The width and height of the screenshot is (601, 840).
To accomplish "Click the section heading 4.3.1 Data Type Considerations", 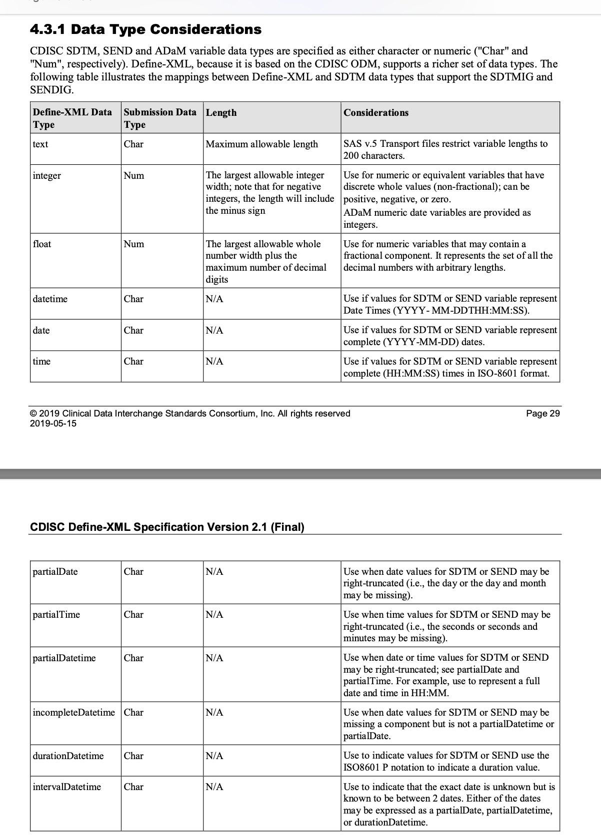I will point(145,29).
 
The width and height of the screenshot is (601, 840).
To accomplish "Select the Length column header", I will point(221,113).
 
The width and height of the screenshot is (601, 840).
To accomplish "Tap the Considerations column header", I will point(376,113).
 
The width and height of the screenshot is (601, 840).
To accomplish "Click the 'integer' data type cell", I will point(47,176).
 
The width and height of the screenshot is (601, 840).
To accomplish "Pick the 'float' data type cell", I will point(42,244).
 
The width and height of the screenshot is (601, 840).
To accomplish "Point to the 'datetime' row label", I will point(50,299).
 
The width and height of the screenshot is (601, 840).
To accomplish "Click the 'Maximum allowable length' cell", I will point(262,144).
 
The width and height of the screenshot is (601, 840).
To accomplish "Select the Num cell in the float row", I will point(134,244).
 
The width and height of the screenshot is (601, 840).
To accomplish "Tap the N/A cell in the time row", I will point(214,362).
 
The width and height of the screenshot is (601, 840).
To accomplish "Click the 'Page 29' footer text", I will point(543,414).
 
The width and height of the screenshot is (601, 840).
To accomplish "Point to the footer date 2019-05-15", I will point(53,423).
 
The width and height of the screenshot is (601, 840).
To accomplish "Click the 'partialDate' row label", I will point(55,572).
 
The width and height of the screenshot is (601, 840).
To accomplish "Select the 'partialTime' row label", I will point(56,615).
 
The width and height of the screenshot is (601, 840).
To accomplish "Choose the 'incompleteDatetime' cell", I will point(74,713).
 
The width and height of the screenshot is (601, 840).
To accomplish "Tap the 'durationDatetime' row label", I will point(68,756).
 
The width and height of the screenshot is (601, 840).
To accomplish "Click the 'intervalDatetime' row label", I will point(67,787).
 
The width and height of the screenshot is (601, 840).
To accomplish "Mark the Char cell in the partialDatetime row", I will point(134,658).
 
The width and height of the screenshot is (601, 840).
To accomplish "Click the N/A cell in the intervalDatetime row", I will point(214,787).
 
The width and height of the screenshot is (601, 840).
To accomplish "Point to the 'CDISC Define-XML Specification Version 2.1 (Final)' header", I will point(167,527).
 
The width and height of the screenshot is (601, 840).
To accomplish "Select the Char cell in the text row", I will point(134,144).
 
